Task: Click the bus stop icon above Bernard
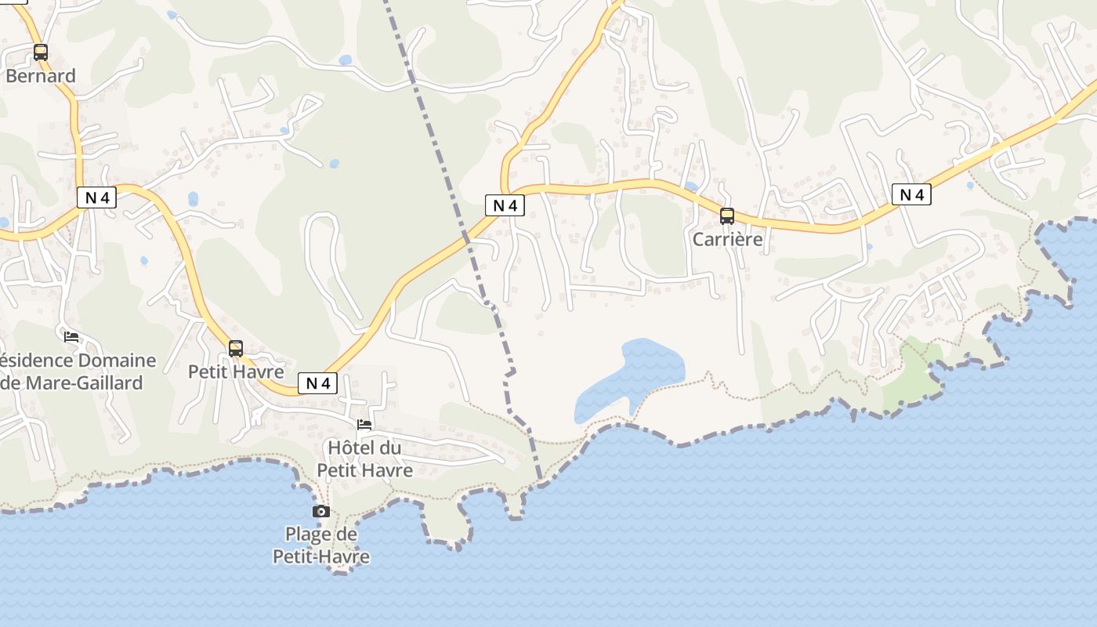[x=40, y=53]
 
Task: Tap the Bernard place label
[x=41, y=76]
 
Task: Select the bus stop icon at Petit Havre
[x=236, y=348]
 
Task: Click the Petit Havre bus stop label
[x=236, y=371]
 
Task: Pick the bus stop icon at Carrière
[x=727, y=216]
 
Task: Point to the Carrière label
[x=727, y=239]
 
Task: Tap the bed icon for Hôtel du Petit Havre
[x=364, y=425]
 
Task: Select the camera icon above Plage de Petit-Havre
[x=320, y=512]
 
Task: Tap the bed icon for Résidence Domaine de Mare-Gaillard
[x=71, y=337]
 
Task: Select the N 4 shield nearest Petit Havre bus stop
[x=317, y=383]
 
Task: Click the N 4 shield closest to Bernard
[x=97, y=198]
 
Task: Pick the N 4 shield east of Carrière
[x=911, y=194]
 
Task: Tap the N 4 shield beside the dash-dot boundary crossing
[x=505, y=205]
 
